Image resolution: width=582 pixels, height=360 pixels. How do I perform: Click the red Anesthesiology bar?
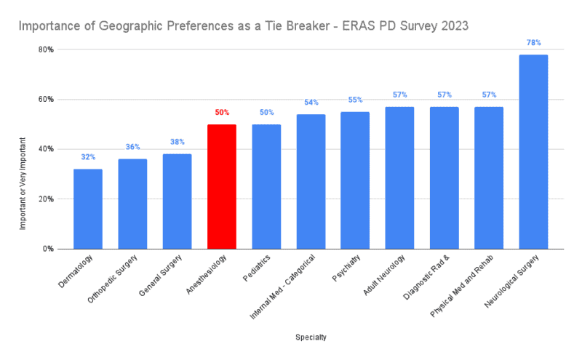click(222, 186)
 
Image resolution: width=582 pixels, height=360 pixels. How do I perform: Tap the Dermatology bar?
click(88, 209)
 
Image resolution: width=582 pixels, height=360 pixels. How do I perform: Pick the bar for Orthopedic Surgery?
click(132, 204)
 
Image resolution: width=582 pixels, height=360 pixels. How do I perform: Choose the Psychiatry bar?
click(355, 180)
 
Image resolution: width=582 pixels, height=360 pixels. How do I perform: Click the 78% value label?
click(533, 43)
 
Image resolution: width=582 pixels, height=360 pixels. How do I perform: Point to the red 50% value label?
click(222, 113)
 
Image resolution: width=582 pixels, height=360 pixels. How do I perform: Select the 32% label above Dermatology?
click(88, 157)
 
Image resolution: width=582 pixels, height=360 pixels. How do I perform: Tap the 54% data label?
click(311, 103)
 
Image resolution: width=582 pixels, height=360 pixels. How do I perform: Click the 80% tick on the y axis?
click(47, 49)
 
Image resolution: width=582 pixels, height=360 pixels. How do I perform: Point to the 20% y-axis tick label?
click(47, 199)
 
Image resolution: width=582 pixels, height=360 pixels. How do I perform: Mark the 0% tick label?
click(49, 249)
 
